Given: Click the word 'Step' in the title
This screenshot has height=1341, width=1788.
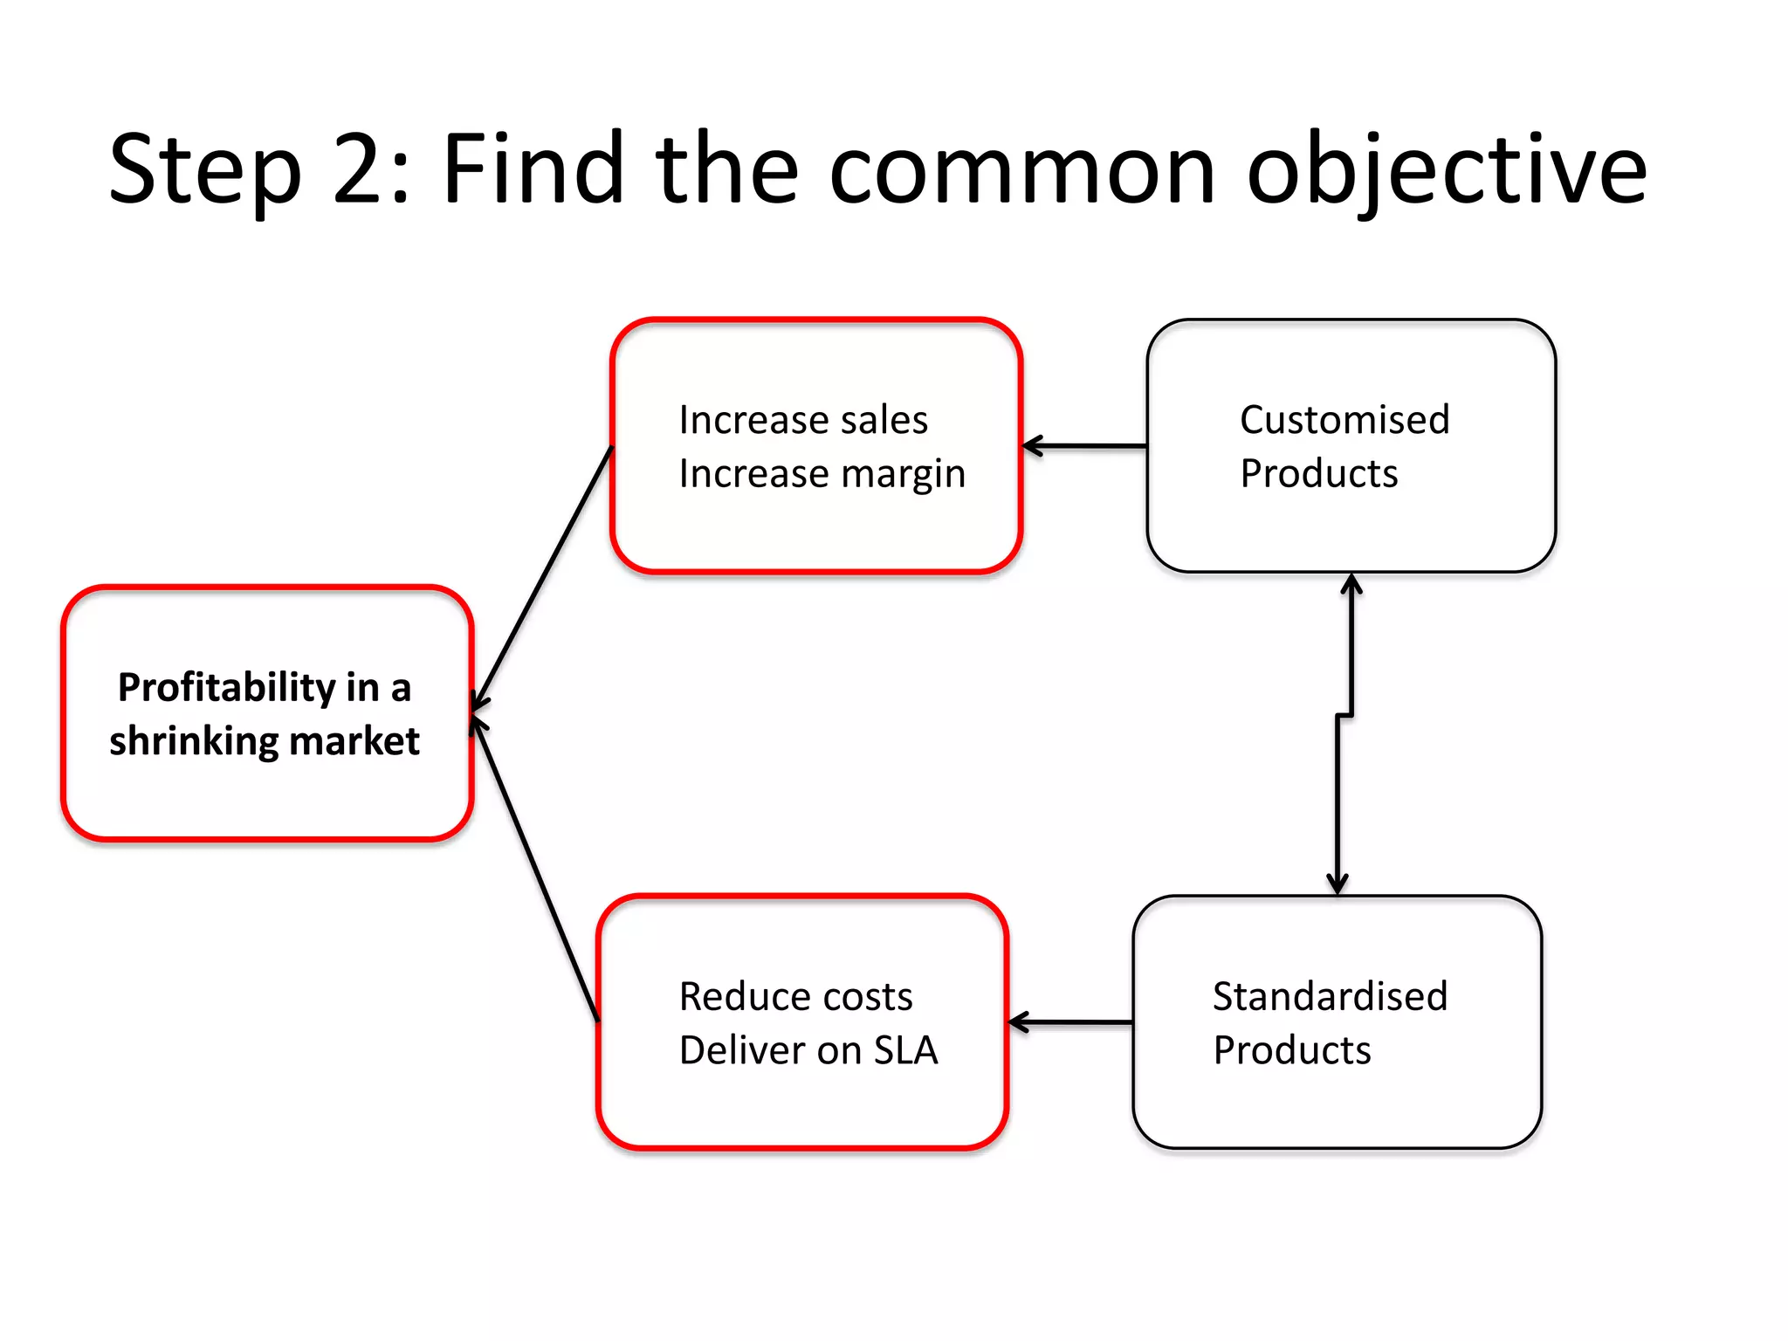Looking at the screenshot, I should (x=204, y=170).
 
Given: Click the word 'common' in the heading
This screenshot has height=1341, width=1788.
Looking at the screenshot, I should (x=1021, y=170).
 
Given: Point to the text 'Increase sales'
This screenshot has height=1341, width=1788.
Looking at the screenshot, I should (x=802, y=420).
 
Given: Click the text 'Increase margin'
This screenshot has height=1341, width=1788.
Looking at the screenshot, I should (x=822, y=474).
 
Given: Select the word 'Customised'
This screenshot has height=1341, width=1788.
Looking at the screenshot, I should (x=1344, y=420).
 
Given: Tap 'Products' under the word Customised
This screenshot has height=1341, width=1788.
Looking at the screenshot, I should (x=1318, y=474).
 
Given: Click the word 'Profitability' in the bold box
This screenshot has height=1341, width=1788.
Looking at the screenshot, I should (x=227, y=688).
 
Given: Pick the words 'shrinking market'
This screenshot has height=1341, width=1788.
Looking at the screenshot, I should (x=265, y=741).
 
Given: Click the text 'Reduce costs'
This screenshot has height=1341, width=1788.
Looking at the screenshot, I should (x=795, y=996).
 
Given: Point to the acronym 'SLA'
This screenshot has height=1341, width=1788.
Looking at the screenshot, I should (x=905, y=1050).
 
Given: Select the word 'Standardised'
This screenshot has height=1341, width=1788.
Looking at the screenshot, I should (x=1330, y=996).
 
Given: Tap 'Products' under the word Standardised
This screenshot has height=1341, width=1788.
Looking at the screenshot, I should (x=1291, y=1050).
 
